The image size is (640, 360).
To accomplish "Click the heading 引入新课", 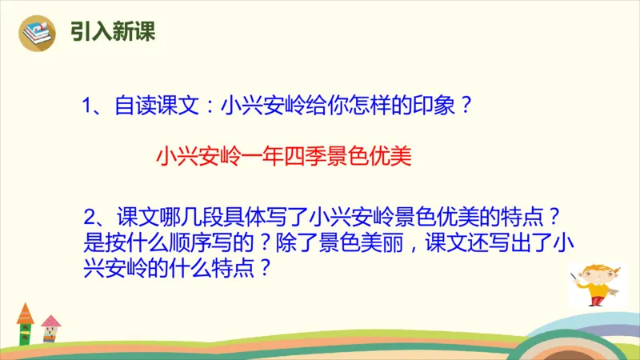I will coord(111,34).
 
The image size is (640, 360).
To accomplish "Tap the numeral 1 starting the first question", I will coord(89,106).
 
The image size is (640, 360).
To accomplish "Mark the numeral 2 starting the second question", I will coord(89,218).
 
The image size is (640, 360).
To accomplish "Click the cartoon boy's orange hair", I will coord(594,267).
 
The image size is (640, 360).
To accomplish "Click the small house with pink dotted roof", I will coord(50,325).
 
